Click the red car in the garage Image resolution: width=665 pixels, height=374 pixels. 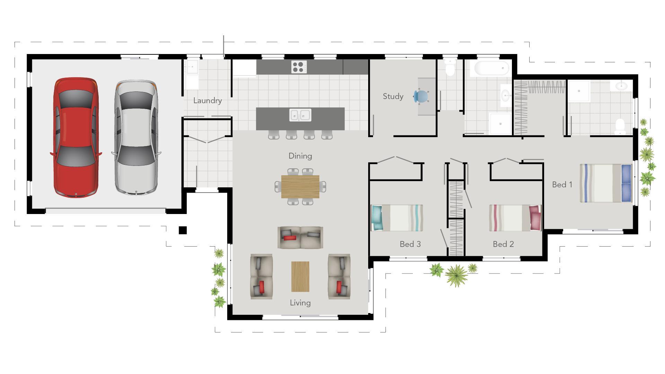point(76,138)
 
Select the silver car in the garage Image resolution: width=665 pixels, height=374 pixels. point(136,138)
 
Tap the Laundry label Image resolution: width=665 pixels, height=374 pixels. point(207,101)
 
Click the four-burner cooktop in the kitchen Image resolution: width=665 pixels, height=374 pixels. point(299,67)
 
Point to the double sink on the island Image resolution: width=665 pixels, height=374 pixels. point(300,115)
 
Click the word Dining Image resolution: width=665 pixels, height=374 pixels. point(300,156)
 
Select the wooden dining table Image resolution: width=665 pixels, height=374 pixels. point(300,186)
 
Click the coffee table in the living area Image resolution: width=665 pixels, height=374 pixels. point(300,276)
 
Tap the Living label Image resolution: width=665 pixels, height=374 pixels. point(300,303)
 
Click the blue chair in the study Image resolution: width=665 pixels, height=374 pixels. point(421,96)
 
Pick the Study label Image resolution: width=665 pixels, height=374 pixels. point(393,97)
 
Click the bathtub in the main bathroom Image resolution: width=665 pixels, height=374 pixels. point(491,68)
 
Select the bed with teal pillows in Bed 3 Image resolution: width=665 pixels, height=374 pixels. point(397,218)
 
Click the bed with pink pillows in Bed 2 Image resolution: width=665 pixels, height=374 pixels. point(515,218)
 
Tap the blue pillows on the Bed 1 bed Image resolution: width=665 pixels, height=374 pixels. point(626,183)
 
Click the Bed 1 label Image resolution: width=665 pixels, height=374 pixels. point(562,185)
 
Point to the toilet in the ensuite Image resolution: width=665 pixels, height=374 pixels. point(620,126)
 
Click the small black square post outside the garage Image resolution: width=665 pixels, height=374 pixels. point(183,230)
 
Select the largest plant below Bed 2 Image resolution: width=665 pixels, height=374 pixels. point(456,275)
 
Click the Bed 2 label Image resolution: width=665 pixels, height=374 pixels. point(503,244)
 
